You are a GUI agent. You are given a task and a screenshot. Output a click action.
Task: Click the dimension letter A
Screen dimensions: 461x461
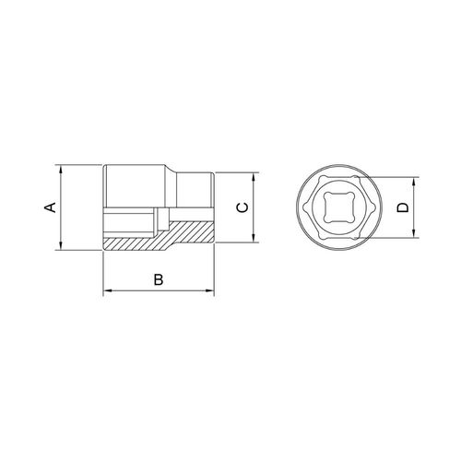click(51, 207)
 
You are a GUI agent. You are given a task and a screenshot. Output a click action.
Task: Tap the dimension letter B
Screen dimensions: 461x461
click(159, 279)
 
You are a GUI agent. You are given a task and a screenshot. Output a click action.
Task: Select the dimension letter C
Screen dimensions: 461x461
click(242, 207)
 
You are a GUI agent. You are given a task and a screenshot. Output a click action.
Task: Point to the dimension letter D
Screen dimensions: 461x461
click(403, 207)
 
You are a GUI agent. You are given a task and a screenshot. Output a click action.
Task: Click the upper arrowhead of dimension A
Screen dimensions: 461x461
click(61, 170)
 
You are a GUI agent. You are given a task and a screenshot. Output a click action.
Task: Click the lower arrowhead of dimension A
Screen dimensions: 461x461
click(61, 245)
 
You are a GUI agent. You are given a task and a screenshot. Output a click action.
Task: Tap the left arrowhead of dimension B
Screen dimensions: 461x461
click(108, 290)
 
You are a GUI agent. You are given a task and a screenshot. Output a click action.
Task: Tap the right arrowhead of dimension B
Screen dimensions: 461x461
click(209, 290)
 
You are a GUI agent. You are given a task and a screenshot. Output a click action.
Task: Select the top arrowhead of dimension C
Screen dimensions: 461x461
click(254, 178)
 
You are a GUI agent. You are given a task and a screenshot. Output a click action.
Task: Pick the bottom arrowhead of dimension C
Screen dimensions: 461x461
click(254, 238)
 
